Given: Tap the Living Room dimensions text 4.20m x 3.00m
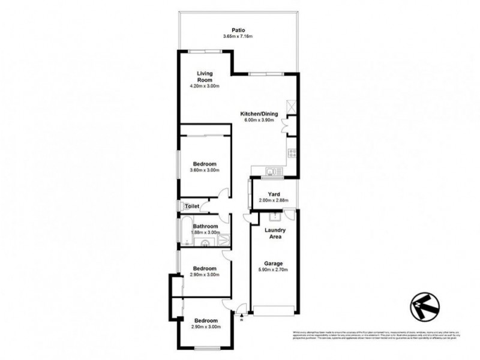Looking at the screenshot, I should [x=205, y=85].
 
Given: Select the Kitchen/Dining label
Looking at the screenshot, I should [x=258, y=113].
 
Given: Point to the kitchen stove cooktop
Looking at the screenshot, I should [x=292, y=152].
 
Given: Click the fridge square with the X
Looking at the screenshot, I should [x=292, y=107].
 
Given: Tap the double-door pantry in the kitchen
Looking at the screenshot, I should [x=291, y=127].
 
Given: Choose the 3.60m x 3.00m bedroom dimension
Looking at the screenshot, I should [x=205, y=170].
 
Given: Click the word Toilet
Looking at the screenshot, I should [x=191, y=206].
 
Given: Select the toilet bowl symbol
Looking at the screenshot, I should [x=181, y=206].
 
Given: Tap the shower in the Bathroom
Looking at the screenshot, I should [x=223, y=241].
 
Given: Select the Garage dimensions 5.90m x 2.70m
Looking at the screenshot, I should [x=274, y=270].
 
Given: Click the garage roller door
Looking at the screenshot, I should [x=274, y=310].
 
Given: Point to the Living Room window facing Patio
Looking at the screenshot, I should [x=202, y=52].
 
